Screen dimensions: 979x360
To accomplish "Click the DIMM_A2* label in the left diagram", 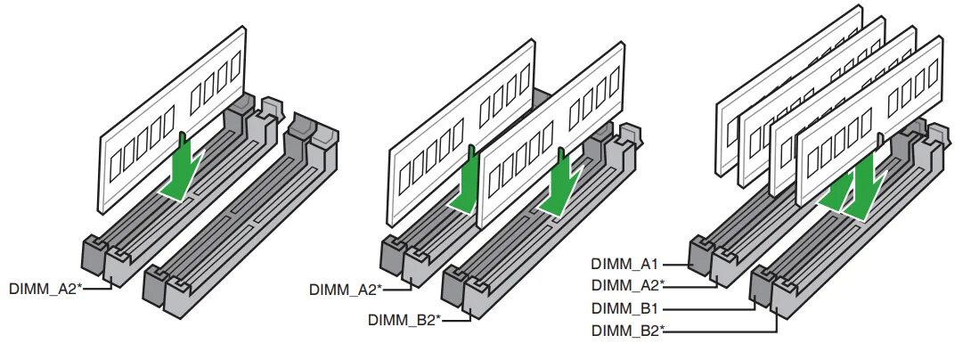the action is [45, 289].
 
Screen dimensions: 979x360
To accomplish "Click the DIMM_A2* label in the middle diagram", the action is [345, 289].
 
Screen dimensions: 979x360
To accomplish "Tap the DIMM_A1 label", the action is [624, 264].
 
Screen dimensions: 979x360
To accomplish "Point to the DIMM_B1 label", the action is [624, 308].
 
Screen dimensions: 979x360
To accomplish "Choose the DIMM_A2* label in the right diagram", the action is [627, 285].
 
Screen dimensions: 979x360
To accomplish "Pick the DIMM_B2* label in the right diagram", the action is [627, 331].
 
